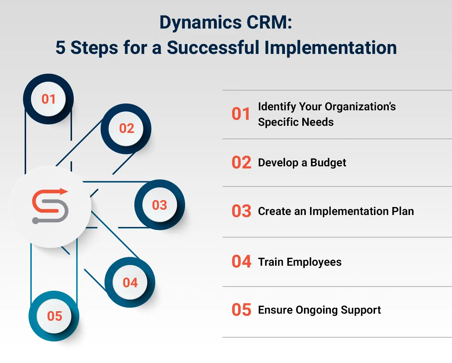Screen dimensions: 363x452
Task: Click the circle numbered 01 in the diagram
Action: pos(48,99)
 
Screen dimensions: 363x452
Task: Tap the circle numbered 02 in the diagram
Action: pos(126,129)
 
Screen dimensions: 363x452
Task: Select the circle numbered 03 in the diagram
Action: pos(160,205)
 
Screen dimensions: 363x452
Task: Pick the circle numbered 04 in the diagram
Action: pos(130,283)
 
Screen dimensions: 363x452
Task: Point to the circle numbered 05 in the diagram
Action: pos(54,316)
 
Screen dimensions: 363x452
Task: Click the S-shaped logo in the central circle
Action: pos(50,206)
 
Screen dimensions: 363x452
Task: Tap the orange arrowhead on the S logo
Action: pos(64,192)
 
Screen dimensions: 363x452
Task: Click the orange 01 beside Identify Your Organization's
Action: pos(241,114)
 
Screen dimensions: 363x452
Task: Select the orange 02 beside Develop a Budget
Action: pos(241,162)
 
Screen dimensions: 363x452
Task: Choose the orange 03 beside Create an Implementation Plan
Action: pos(241,211)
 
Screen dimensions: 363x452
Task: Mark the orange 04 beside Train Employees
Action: pos(241,262)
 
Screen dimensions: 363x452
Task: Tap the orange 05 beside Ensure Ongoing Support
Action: pos(241,310)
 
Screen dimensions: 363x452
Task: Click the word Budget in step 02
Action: pos(328,162)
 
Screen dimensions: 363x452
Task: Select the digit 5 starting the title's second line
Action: pos(60,48)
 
